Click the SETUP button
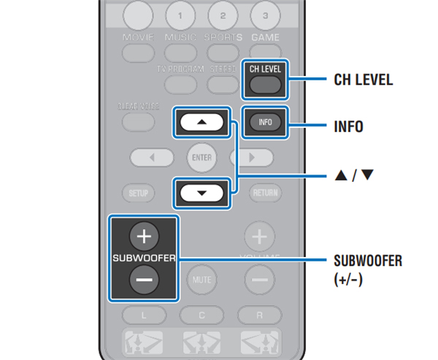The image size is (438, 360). [x=138, y=194]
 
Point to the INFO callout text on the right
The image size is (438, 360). [x=348, y=126]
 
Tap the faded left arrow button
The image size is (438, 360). [x=152, y=157]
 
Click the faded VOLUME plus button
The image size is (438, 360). [x=259, y=237]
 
